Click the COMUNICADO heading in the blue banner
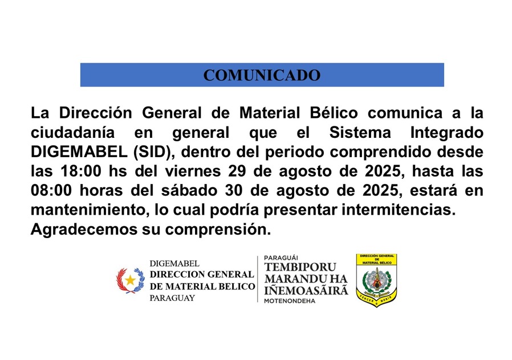pos(262,75)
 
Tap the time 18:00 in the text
pos(81,171)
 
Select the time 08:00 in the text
pos(51,191)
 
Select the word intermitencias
pos(399,210)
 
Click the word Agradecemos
pos(84,230)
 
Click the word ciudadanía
pos(72,133)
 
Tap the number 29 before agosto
pos(237,171)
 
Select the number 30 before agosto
pos(233,191)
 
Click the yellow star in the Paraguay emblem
pos(131,280)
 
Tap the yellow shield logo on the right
pos(376,280)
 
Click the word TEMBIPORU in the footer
pos(300,267)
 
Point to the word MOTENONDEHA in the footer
pos(290,301)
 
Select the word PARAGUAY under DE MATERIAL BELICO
pos(172,298)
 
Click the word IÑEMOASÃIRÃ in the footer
pos(306,289)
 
